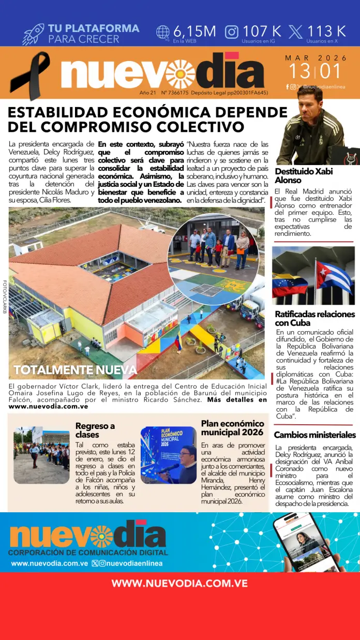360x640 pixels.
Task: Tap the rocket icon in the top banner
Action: pos(33,34)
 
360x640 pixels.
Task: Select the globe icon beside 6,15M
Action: pos(163,32)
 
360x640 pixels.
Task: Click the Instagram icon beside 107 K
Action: pos(232,32)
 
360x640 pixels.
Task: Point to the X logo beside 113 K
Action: pos(296,32)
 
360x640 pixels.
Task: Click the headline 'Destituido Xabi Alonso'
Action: pos(304,175)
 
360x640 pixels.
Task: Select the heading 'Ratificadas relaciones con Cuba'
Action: pos(314,319)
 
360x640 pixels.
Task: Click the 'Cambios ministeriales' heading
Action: pos(314,435)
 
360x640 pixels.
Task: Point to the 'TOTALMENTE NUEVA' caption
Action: pos(76,369)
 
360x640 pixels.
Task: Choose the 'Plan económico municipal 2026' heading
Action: pos(232,427)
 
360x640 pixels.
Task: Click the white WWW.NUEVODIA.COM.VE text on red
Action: pos(179,584)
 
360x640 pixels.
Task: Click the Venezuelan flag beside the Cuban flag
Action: pos(290,285)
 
